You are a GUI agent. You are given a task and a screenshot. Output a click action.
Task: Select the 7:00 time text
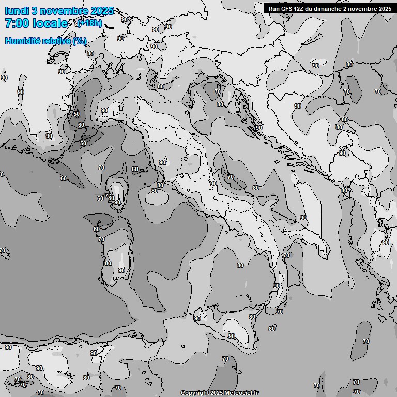point(17,23)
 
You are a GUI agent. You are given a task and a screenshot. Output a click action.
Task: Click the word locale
point(50,23)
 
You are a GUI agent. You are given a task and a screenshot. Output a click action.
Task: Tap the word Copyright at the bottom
point(195,393)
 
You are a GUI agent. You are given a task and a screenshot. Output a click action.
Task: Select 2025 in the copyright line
point(217,393)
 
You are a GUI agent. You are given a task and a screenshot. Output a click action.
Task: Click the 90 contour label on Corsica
point(117,202)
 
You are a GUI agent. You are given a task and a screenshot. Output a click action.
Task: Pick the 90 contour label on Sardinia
point(121,270)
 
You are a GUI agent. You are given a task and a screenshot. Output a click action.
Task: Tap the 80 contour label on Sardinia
point(108,263)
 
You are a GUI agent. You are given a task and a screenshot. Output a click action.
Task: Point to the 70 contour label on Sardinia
point(101,239)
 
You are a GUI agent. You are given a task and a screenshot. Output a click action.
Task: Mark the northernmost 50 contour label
point(77,114)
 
